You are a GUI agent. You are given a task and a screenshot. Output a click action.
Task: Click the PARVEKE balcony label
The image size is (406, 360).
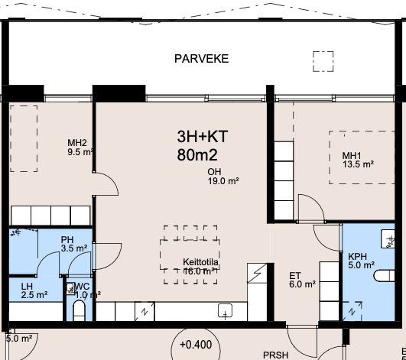[x=201, y=59]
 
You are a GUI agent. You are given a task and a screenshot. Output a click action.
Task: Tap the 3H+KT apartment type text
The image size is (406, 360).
[x=203, y=136]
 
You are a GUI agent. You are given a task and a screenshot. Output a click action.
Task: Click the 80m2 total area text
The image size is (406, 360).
[x=197, y=155]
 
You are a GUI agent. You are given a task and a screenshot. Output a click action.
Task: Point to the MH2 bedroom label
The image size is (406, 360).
[x=77, y=143]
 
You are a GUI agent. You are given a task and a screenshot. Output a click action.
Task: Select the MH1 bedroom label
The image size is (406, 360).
[x=352, y=156]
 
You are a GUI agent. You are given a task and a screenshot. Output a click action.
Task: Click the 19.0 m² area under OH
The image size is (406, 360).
[x=223, y=181]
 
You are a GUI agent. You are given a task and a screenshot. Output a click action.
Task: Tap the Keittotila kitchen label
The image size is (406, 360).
[x=200, y=262]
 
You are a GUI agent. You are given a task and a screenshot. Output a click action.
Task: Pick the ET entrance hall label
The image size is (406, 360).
[x=295, y=275]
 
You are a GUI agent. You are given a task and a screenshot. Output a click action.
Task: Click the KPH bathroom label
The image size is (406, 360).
[x=357, y=257]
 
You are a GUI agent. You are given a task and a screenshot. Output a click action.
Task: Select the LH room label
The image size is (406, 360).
[x=27, y=286]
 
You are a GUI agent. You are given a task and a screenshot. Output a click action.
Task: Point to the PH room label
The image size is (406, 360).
[x=67, y=240]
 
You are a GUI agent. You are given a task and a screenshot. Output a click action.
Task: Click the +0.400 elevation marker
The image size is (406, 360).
[x=196, y=345]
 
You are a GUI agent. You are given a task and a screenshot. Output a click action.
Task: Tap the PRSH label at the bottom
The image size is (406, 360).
[x=275, y=355]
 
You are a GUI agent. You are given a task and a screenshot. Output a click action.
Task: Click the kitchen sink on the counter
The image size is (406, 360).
[x=225, y=310]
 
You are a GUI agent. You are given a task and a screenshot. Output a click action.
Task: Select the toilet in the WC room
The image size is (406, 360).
[x=80, y=310]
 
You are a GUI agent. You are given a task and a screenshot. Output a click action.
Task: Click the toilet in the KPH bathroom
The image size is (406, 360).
[x=385, y=276]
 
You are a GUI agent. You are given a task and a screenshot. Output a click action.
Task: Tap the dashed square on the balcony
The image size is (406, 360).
[x=323, y=61]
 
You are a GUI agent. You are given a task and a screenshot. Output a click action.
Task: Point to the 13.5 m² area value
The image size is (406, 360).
[x=358, y=164]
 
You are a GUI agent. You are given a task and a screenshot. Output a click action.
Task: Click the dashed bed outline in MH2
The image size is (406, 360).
[x=24, y=138]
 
